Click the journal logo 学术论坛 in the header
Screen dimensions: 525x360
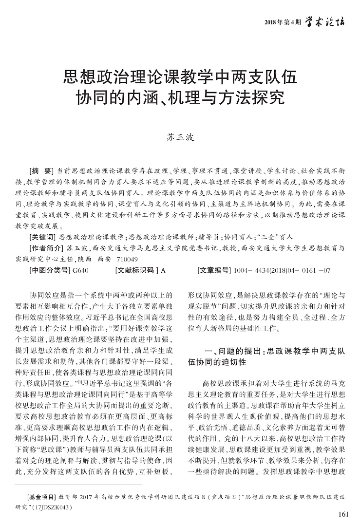(x=325, y=21)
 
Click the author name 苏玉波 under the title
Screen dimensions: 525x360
(x=180, y=138)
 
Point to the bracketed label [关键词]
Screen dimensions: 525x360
(x=42, y=238)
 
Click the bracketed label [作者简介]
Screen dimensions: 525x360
(x=46, y=248)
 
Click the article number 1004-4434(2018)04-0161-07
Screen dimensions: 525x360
(x=283, y=269)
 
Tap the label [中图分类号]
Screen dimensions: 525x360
(x=49, y=269)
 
